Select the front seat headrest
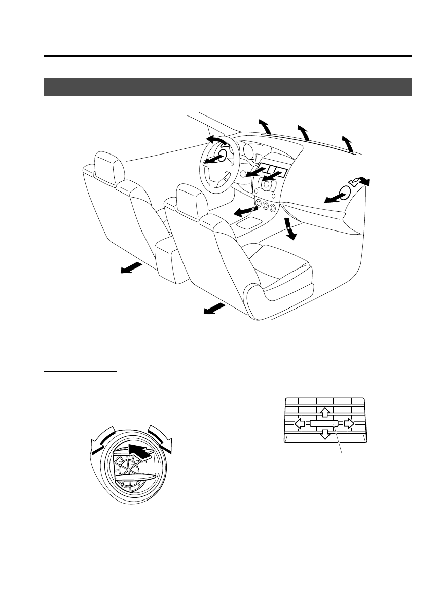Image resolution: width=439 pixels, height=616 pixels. pos(189,199)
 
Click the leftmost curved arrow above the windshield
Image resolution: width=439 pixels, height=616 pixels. pos(265,125)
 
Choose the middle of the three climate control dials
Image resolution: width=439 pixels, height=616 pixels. pos(265,207)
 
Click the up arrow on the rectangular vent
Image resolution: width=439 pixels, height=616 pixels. pos(325,411)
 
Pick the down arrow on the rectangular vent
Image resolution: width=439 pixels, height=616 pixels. pos(325,434)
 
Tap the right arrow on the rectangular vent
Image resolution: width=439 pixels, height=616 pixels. pos(348,423)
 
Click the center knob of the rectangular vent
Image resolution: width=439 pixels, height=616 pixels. pos(325,423)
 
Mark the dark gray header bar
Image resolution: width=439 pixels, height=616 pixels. pos(228,87)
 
